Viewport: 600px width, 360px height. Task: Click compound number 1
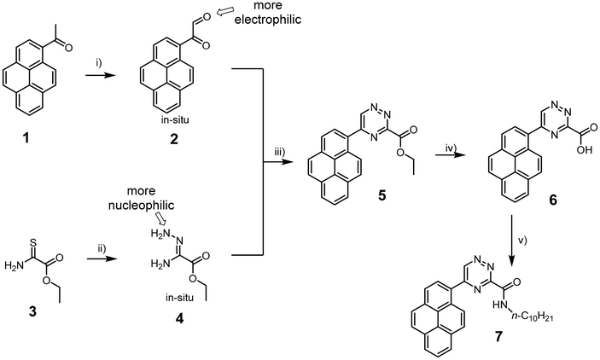(x=26, y=138)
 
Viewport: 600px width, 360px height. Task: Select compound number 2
(x=174, y=138)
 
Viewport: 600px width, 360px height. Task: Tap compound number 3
(x=32, y=311)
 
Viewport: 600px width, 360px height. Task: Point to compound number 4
(x=178, y=317)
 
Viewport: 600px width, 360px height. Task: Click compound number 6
(x=553, y=200)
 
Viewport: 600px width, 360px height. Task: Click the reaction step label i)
(x=99, y=63)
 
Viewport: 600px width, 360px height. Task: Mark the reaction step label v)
(x=522, y=241)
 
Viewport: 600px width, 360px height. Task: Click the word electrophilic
(x=268, y=20)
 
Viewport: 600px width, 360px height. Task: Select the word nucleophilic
(x=141, y=206)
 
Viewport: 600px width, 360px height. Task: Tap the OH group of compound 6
(x=585, y=150)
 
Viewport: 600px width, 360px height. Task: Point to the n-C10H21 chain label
(x=533, y=317)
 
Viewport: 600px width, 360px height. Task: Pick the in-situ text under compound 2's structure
(x=174, y=120)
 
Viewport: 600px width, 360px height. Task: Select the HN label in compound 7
(x=500, y=305)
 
